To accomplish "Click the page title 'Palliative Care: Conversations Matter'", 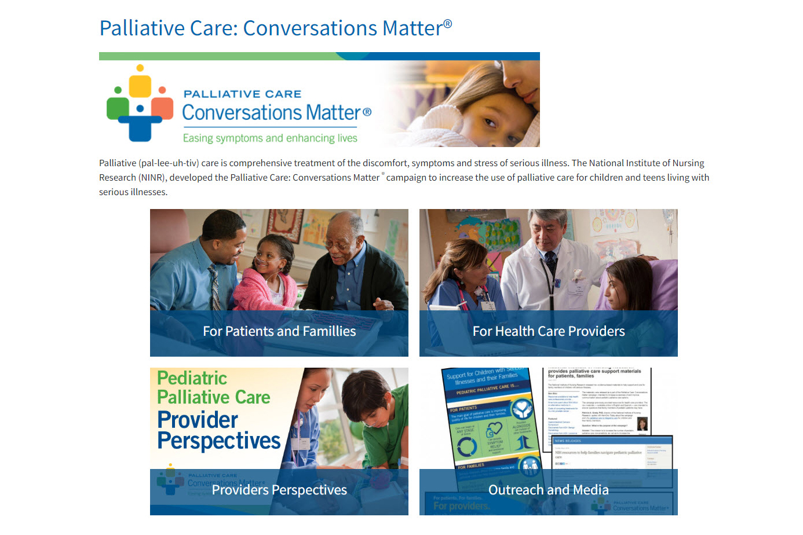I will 271,28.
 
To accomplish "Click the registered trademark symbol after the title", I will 448,24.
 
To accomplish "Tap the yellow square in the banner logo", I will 140,86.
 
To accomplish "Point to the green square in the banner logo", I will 118,107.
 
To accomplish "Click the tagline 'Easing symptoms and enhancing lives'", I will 270,138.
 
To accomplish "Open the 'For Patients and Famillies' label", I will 279,331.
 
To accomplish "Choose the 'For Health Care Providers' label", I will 549,331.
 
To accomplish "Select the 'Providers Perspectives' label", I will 279,490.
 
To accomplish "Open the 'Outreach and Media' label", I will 549,490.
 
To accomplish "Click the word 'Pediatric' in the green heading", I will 192,378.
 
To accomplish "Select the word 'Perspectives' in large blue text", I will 219,441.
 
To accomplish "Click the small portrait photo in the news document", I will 642,424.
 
